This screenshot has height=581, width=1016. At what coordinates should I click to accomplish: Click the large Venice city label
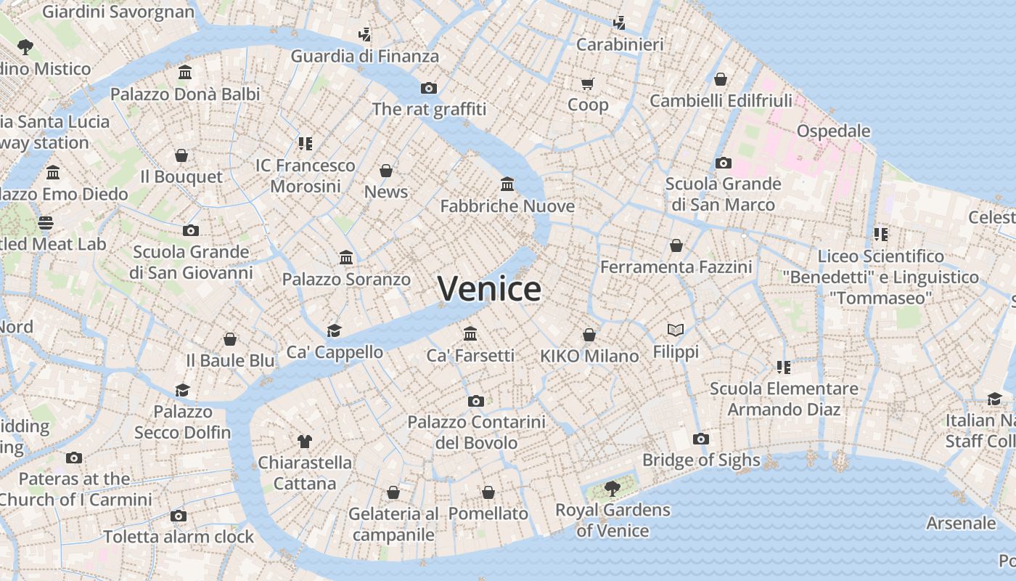[489, 289]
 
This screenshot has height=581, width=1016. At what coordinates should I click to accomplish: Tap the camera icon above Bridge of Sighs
[700, 439]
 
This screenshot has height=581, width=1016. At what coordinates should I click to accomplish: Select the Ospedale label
[833, 131]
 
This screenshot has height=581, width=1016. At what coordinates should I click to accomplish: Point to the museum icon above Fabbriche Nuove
[507, 184]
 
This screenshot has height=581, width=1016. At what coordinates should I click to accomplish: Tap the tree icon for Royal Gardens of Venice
[613, 487]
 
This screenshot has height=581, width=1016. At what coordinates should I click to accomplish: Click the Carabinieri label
[620, 44]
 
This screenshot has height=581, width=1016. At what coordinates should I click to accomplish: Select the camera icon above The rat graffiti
[429, 88]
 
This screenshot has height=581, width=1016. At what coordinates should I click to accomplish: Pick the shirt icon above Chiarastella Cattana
[305, 441]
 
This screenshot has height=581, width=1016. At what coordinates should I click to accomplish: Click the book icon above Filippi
[676, 330]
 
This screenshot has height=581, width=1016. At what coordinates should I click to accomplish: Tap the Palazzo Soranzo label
[346, 279]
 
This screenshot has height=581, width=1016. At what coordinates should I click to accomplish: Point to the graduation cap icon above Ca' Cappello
[334, 330]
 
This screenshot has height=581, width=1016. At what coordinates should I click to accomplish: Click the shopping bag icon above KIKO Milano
[589, 335]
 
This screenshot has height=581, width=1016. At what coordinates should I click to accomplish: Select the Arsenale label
[961, 523]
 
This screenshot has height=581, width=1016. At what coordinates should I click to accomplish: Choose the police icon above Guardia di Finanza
[365, 34]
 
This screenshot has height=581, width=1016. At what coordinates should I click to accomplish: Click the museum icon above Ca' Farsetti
[470, 333]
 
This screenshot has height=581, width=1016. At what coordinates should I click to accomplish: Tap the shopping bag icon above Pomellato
[488, 492]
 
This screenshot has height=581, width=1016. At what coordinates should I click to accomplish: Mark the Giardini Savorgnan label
[118, 12]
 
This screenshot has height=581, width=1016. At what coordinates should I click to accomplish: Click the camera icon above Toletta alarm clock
[179, 516]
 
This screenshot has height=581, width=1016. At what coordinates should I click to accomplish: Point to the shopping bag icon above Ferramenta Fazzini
[676, 245]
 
